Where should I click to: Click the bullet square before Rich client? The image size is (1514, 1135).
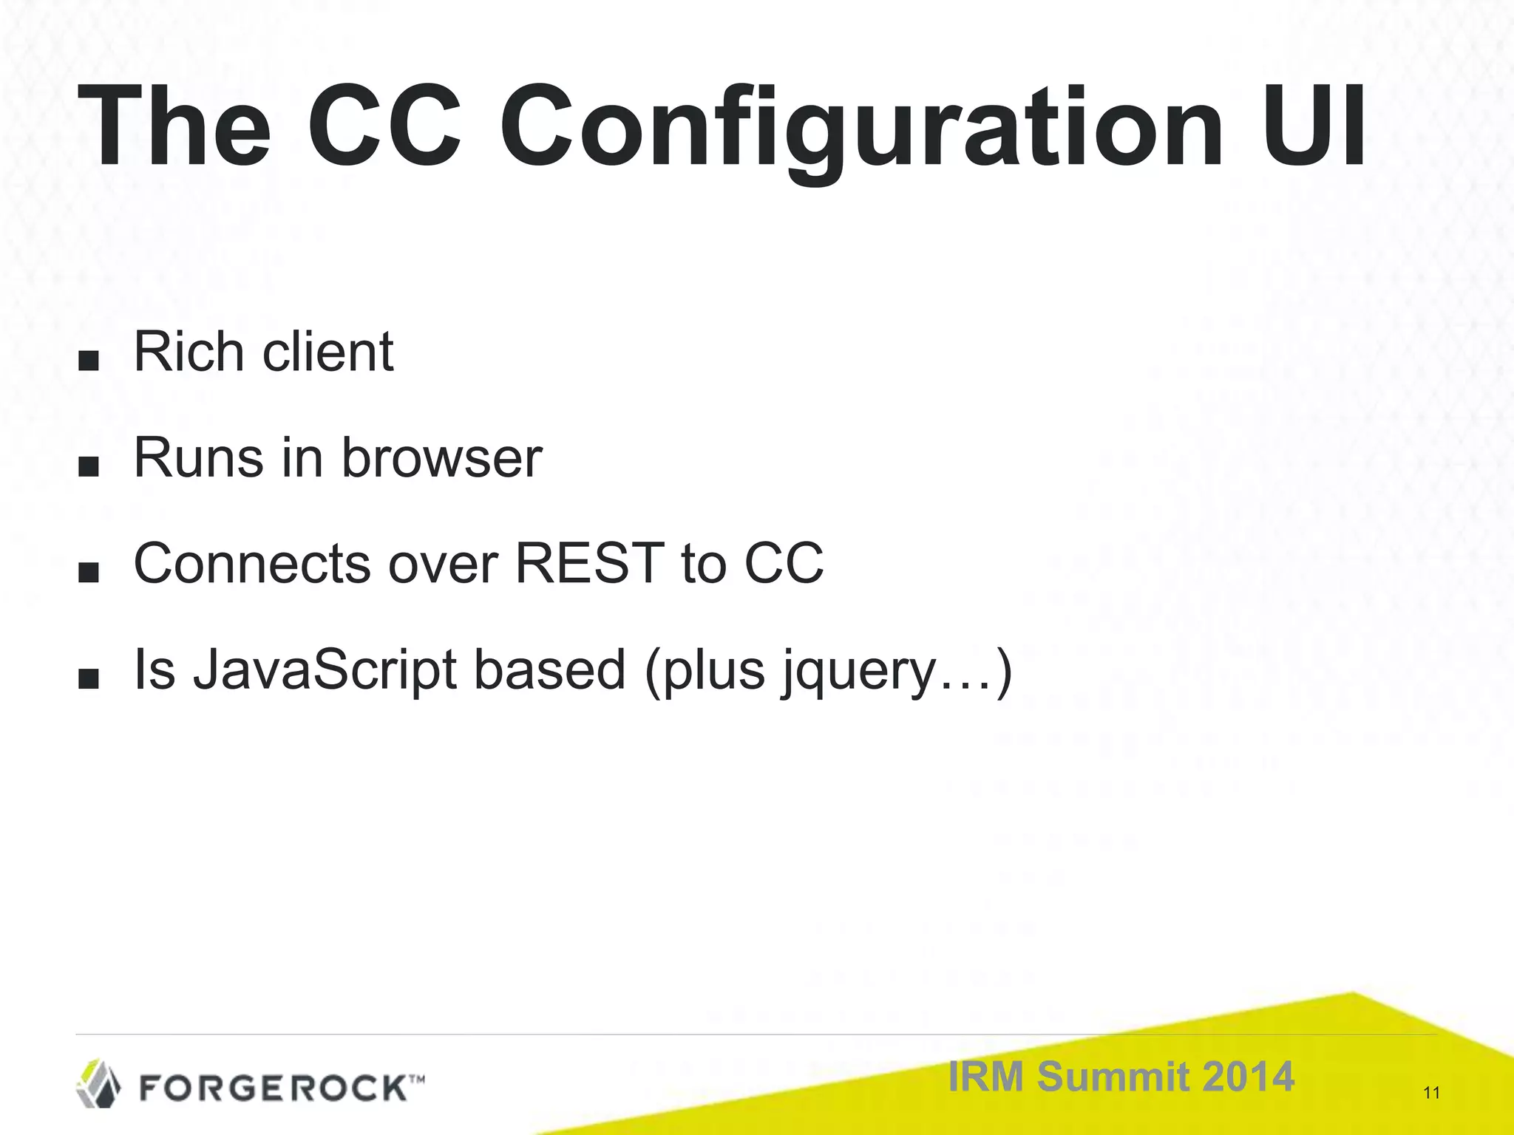coord(88,361)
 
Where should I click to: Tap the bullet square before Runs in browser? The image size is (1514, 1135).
coord(88,467)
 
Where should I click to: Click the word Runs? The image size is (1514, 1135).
coord(198,458)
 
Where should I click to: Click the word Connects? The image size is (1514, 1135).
coord(251,564)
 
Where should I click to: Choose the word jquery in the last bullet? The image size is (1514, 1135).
coord(858,672)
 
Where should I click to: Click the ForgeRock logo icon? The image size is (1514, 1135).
coord(98,1084)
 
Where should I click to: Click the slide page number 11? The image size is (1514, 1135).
coord(1431,1093)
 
